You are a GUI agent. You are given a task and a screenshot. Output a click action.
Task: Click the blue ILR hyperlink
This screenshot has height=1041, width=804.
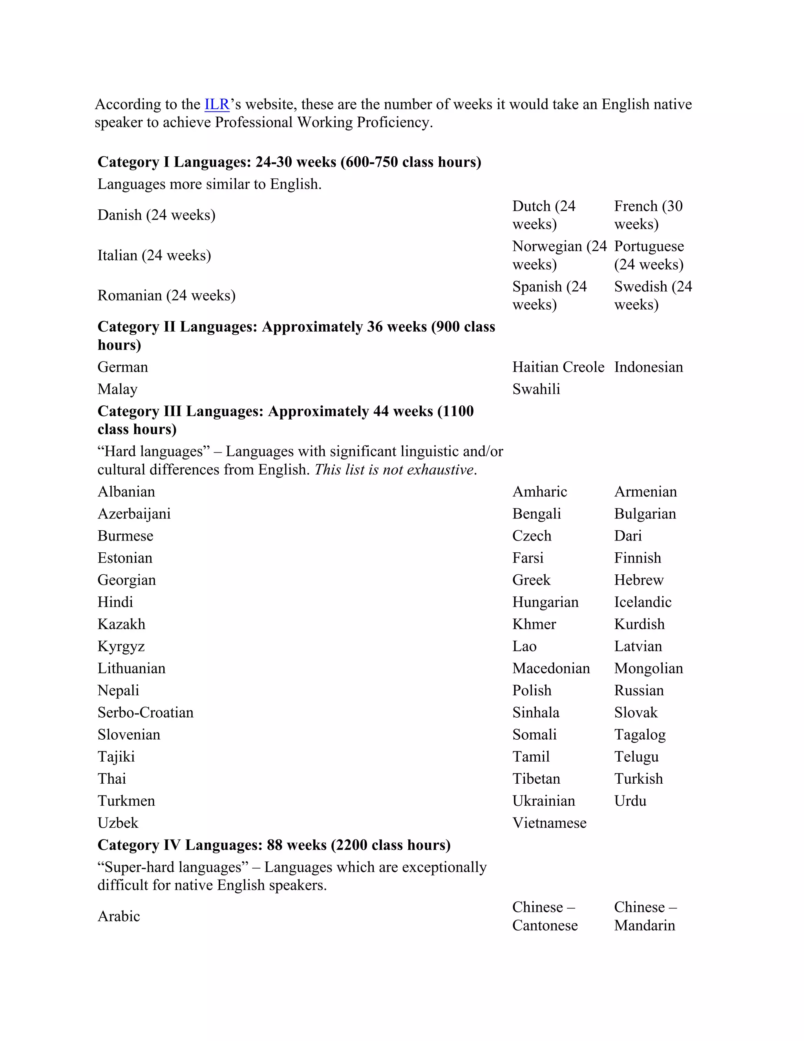point(217,104)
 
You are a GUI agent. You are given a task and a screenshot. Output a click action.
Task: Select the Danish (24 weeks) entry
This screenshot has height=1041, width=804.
point(156,215)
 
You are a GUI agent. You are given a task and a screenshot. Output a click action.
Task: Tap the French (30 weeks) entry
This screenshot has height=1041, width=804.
point(648,215)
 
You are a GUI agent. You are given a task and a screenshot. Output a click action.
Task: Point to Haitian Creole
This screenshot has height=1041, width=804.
point(558,367)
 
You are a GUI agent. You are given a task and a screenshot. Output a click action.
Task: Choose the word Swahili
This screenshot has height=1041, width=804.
point(536,389)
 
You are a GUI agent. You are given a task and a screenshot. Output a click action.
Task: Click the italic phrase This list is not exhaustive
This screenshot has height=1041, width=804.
point(395,469)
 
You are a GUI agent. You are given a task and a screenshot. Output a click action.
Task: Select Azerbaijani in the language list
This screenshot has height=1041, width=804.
point(134,514)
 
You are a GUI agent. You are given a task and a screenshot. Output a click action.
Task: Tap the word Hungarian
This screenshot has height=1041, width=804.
point(545,602)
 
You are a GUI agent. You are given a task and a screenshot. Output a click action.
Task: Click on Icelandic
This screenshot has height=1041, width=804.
point(643,602)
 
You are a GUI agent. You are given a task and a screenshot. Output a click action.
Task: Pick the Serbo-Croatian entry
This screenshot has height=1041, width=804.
point(145,713)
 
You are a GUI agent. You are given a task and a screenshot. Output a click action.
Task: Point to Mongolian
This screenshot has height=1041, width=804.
point(648,668)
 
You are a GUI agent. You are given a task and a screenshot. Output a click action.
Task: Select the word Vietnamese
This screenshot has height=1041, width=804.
point(549,823)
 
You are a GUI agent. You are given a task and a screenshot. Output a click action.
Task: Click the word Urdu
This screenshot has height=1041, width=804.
point(630,801)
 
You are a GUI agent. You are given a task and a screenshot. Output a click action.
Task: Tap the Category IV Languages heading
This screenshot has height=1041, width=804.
point(274,845)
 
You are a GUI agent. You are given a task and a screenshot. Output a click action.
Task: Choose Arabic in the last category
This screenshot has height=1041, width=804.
point(119,916)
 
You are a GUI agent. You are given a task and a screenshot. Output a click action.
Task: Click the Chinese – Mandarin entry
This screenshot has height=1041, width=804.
point(645,916)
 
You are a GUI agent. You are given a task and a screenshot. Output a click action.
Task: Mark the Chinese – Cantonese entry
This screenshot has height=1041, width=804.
point(545,916)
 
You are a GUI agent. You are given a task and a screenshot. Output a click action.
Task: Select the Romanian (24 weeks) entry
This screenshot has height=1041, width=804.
point(166,295)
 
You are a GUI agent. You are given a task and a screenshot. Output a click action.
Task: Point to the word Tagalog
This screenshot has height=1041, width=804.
point(640,735)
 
